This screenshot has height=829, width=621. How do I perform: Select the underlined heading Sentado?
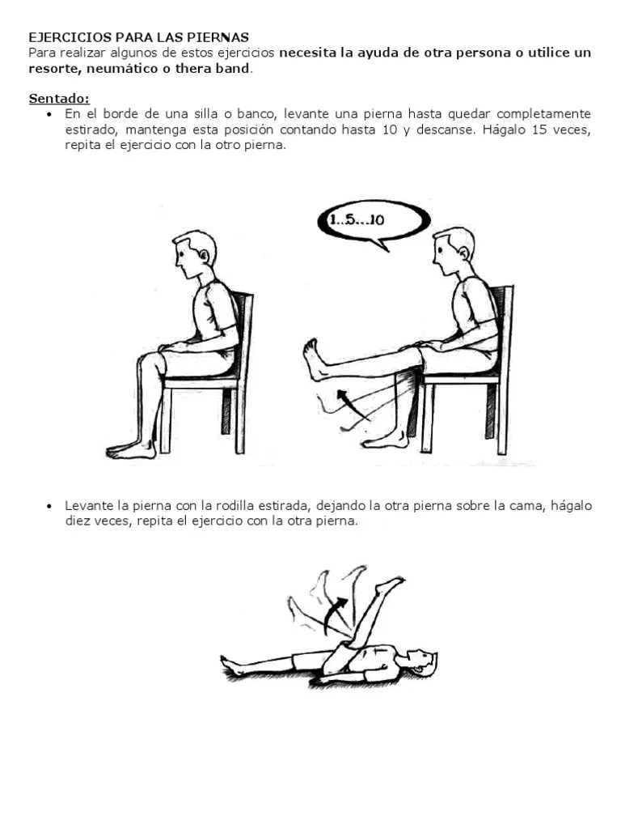59,99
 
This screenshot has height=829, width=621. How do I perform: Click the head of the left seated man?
194,255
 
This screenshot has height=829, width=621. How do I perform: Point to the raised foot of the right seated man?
314,359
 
